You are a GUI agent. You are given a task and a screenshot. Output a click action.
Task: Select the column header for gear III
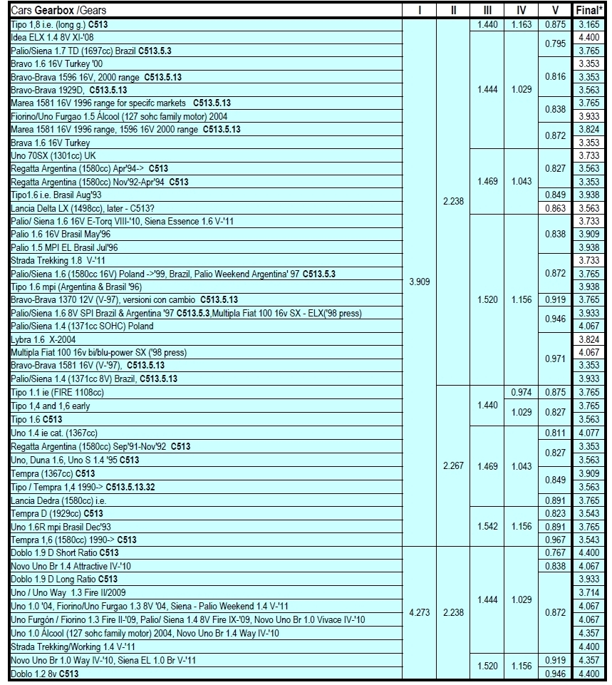[487, 11]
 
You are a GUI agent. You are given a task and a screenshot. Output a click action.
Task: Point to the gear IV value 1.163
[520, 24]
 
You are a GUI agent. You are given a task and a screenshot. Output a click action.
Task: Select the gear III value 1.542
[487, 526]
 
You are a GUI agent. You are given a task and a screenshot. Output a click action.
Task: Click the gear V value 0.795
[555, 43]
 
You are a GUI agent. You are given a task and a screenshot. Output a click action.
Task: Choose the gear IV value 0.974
[520, 393]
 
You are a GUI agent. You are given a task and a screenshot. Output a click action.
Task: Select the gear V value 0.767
[555, 552]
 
